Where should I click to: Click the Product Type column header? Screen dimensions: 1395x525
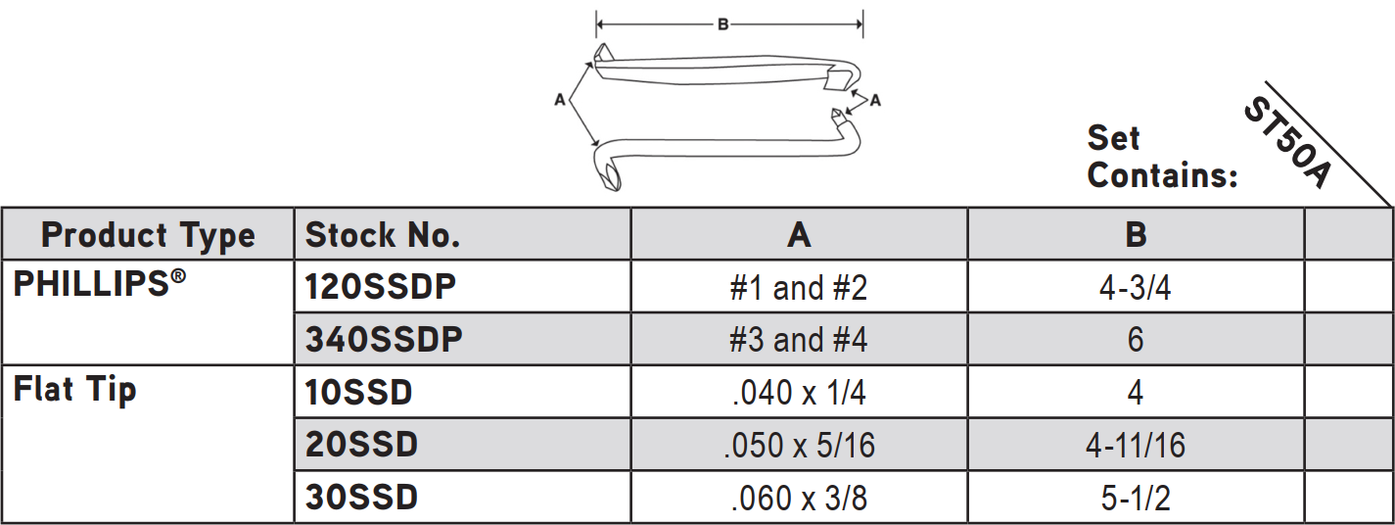(x=148, y=236)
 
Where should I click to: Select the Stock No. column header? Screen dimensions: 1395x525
(x=383, y=235)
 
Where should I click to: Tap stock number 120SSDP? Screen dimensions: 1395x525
(x=381, y=287)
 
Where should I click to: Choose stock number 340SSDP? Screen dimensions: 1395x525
(x=384, y=340)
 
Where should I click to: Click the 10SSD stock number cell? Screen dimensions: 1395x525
(x=358, y=393)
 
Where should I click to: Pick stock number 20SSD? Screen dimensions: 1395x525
(x=361, y=445)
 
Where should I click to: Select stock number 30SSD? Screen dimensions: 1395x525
(x=361, y=498)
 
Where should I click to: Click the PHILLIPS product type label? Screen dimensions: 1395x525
(x=100, y=283)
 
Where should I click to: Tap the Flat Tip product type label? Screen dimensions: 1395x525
(x=74, y=391)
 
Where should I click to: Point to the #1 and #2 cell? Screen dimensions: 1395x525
(x=799, y=288)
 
